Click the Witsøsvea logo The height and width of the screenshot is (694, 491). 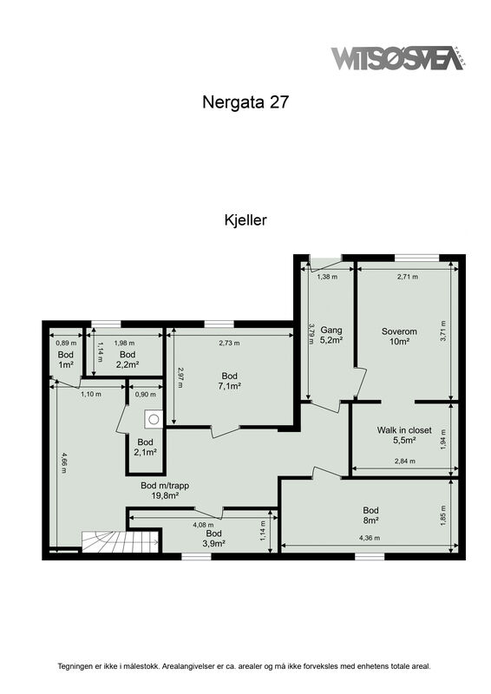tap(398, 58)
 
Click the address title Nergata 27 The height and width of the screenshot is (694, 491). tap(245, 102)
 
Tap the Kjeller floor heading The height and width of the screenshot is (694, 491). tap(245, 220)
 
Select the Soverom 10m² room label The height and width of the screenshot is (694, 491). tap(399, 337)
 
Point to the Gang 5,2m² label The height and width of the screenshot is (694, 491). tap(331, 335)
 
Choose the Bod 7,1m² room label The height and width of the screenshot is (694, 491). tap(229, 381)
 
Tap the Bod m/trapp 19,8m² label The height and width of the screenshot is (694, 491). tap(165, 490)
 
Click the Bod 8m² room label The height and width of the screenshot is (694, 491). tap(370, 515)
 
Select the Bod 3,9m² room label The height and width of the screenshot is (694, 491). tap(214, 538)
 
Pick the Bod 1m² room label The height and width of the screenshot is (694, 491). tap(66, 359)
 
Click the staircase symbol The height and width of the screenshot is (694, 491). tap(121, 541)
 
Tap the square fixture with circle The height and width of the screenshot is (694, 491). tap(154, 419)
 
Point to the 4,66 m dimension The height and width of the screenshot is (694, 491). tap(64, 462)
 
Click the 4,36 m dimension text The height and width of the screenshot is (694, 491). tap(370, 538)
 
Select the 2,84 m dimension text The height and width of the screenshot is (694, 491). tap(404, 462)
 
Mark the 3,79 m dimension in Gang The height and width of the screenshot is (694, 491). tap(311, 334)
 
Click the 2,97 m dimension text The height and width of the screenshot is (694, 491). tap(180, 377)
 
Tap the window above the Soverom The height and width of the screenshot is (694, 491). tap(416, 258)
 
